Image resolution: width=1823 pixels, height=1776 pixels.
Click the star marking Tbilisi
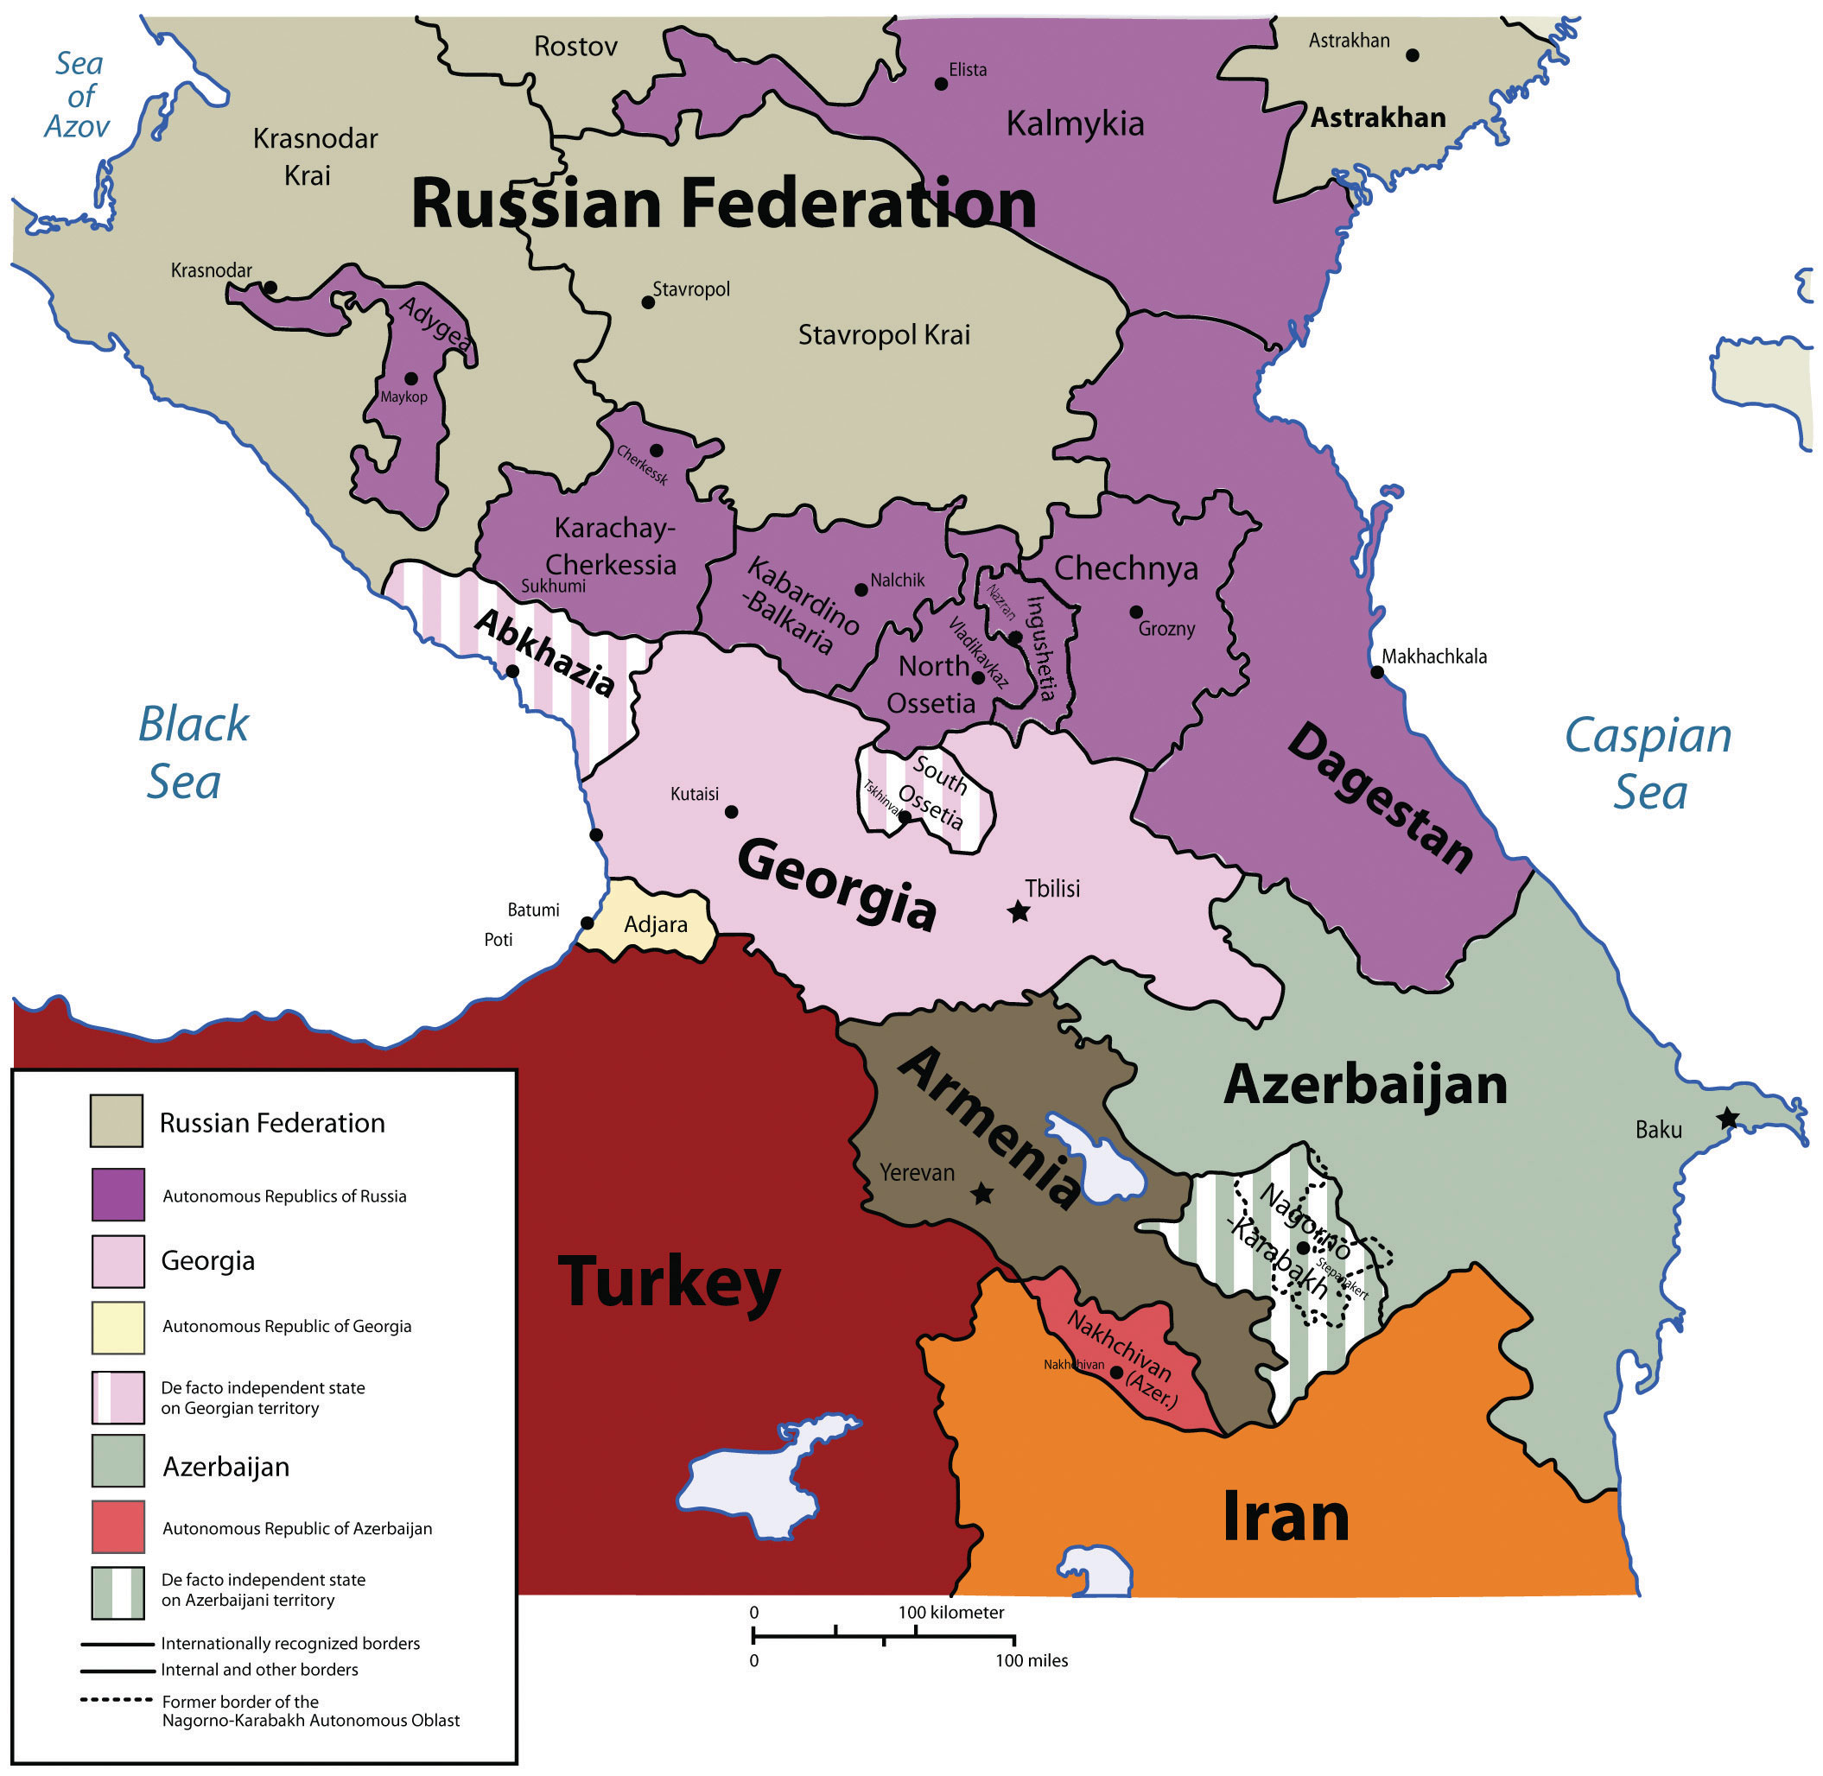point(1019,912)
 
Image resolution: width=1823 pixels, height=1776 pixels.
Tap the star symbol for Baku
point(1728,1118)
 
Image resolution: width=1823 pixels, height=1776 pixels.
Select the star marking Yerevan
point(981,1194)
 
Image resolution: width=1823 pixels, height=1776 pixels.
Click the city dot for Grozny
point(1135,612)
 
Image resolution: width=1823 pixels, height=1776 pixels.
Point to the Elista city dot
point(940,84)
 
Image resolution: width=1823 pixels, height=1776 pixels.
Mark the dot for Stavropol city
point(647,302)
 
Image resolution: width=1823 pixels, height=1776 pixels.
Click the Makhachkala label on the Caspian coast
point(1434,656)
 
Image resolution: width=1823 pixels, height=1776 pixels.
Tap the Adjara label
point(656,924)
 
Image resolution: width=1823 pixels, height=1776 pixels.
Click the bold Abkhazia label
point(546,652)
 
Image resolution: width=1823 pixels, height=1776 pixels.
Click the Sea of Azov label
point(79,95)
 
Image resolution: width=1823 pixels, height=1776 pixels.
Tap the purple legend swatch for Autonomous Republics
point(118,1195)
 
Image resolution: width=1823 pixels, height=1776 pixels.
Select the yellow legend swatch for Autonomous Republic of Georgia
point(118,1328)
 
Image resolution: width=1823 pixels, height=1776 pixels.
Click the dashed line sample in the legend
point(116,1699)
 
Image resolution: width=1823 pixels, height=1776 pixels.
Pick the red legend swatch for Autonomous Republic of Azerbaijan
point(118,1527)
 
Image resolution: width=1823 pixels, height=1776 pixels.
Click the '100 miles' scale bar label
point(1031,1660)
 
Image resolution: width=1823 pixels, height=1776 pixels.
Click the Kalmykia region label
point(1075,124)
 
